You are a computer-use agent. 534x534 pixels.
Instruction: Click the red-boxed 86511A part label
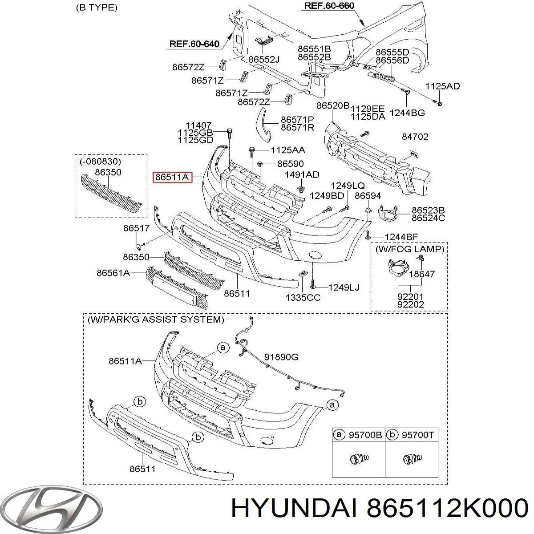click(172, 177)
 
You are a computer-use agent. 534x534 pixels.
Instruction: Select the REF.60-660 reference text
click(329, 5)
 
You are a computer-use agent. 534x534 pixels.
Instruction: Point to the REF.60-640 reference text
click(194, 44)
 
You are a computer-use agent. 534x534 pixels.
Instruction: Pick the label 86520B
click(333, 105)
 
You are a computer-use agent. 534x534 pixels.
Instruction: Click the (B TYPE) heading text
click(97, 8)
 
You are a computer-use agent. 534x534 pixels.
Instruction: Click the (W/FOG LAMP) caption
click(410, 249)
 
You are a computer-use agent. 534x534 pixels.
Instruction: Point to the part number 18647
click(422, 274)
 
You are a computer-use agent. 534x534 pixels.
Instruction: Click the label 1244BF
click(401, 237)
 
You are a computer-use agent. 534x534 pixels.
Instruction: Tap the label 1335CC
click(303, 298)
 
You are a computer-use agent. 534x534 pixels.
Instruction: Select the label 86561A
click(113, 273)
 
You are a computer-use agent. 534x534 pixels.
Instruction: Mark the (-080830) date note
click(100, 161)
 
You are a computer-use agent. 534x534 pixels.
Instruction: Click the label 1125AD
click(442, 86)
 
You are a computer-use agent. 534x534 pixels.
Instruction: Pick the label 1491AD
click(302, 174)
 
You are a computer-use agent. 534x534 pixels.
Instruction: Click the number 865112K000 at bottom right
click(447, 508)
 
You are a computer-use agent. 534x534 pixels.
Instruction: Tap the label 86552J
click(264, 59)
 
